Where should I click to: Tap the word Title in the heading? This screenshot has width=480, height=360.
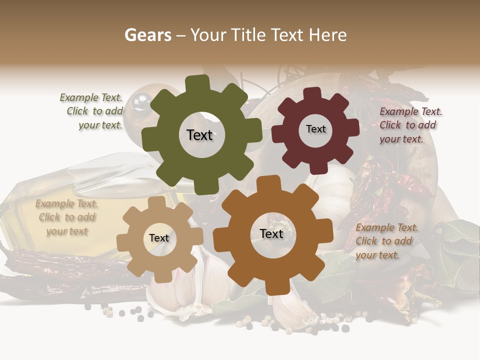point(248,35)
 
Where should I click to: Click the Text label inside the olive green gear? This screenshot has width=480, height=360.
point(199,135)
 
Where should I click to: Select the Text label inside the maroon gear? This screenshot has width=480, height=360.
point(315,129)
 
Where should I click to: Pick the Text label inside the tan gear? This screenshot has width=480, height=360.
point(159,238)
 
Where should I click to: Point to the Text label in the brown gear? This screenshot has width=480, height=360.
point(271,234)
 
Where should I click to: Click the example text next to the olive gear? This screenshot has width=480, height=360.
point(92,111)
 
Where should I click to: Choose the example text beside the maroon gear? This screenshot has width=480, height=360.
point(410,125)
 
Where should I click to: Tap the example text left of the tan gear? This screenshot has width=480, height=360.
point(66,217)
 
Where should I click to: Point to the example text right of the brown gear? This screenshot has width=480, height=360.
point(386,241)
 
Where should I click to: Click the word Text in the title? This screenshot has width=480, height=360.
point(288,35)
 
